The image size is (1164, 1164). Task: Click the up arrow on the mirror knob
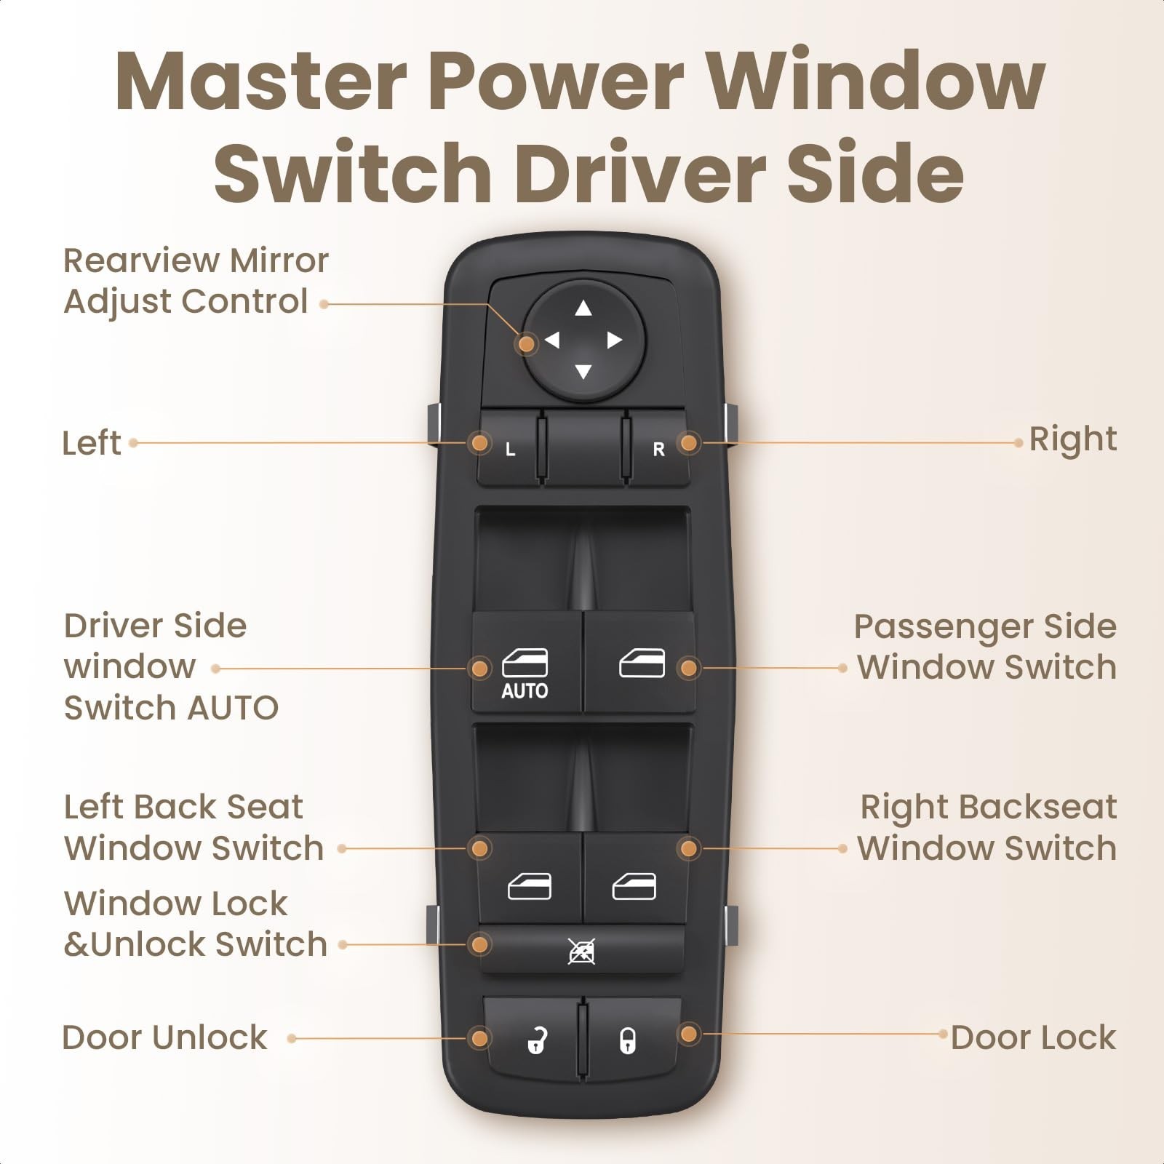[x=583, y=308]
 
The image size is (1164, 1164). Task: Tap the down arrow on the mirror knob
[x=583, y=372]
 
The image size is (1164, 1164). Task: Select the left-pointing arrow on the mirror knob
[x=551, y=340]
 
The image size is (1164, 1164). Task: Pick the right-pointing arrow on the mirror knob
[x=615, y=340]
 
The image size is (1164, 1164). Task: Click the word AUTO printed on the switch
[x=525, y=691]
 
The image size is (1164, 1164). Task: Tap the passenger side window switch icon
[x=642, y=663]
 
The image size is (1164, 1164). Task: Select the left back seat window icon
[x=529, y=886]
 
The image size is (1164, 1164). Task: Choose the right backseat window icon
[x=634, y=886]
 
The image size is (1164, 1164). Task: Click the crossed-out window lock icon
[x=582, y=951]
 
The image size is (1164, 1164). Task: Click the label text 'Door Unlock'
[x=165, y=1037]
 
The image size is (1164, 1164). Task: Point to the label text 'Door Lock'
[x=1033, y=1037]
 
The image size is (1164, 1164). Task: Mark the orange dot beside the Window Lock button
[x=479, y=945]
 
